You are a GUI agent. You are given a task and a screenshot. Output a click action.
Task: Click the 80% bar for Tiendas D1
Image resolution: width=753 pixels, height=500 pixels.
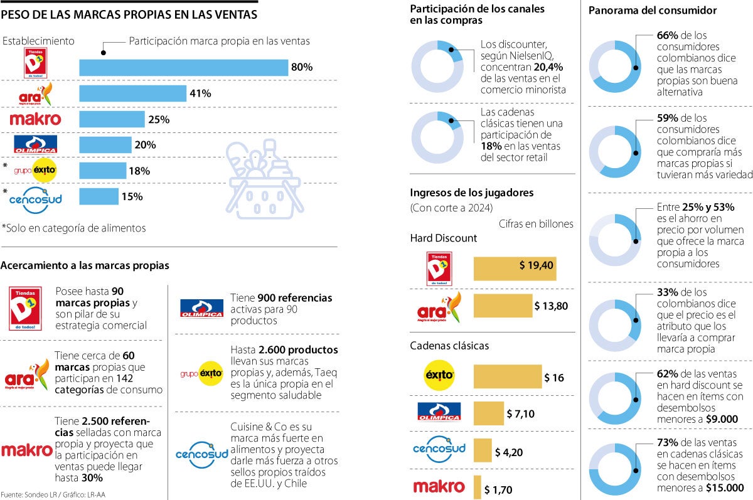click(x=183, y=67)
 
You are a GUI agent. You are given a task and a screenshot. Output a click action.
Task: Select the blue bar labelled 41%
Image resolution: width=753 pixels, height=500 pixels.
click(x=133, y=93)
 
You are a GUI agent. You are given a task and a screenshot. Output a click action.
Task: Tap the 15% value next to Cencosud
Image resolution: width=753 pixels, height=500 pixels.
click(x=132, y=196)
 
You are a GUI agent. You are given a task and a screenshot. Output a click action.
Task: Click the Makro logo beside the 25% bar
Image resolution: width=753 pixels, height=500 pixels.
click(x=35, y=119)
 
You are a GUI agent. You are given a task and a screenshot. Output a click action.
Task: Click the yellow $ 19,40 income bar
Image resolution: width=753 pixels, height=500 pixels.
click(x=515, y=269)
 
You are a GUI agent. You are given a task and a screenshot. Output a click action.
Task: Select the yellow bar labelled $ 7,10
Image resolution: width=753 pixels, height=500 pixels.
click(x=489, y=413)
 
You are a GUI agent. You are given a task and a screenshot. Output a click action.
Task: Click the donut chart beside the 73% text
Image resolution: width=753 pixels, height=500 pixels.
click(x=615, y=468)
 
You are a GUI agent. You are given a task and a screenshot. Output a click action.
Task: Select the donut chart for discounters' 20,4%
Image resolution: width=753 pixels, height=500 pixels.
click(x=437, y=65)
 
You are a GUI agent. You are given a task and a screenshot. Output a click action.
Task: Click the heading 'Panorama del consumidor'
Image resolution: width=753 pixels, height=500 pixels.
click(x=653, y=10)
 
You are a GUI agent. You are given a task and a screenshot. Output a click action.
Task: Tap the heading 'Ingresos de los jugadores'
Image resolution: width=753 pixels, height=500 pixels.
click(x=464, y=192)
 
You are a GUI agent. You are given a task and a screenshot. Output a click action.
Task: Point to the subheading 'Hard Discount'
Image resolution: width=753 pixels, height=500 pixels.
click(x=443, y=238)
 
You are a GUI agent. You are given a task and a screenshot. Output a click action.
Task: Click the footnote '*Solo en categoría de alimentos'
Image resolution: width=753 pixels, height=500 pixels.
click(x=73, y=228)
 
